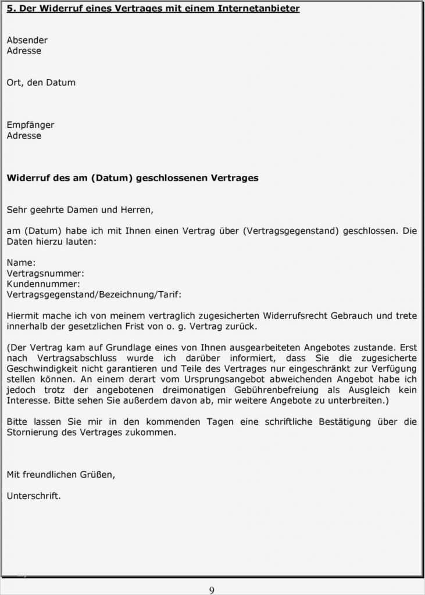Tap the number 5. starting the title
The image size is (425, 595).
10,9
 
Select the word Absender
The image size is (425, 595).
27,40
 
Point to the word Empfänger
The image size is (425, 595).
30,125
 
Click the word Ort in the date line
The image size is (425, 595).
16,83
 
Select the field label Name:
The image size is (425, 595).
21,263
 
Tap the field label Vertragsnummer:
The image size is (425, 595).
45,273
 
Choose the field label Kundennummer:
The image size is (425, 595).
44,284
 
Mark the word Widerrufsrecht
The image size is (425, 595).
295,316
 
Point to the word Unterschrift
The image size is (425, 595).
33,496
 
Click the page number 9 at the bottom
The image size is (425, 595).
212,590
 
